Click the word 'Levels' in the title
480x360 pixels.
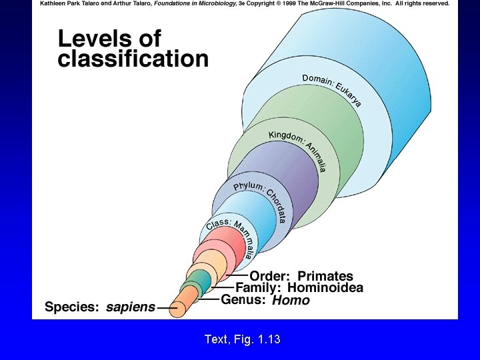(x=109, y=39)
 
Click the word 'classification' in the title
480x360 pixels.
(x=133, y=60)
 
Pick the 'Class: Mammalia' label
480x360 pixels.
(x=231, y=235)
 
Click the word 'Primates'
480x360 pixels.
(x=325, y=276)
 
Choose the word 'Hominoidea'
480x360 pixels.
(x=326, y=288)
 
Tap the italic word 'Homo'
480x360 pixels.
(x=291, y=301)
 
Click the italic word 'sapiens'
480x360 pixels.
(x=131, y=307)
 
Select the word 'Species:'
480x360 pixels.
(x=71, y=307)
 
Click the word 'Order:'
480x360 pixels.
(x=271, y=276)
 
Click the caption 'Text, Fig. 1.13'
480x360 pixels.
(x=242, y=339)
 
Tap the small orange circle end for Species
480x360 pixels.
(x=177, y=309)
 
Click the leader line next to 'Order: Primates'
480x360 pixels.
(x=237, y=275)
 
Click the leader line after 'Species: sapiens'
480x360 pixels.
(x=163, y=308)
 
